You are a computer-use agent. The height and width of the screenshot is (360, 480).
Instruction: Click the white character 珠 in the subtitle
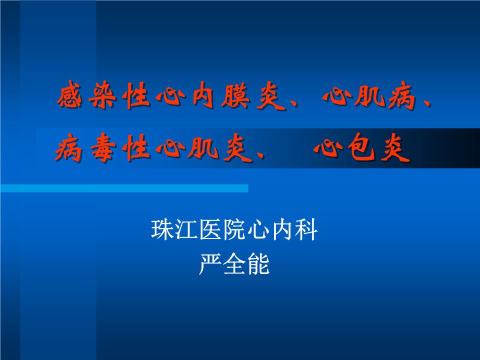click(162, 231)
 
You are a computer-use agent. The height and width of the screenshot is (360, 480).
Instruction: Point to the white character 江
click(186, 231)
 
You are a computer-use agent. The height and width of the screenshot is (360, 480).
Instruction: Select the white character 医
click(210, 231)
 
